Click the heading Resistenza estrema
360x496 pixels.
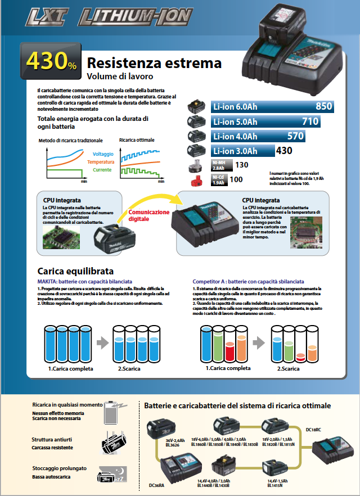154,63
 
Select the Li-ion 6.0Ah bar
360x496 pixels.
272,106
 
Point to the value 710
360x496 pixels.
310,121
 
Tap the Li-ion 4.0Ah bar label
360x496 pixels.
235,136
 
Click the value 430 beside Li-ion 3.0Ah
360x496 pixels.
284,151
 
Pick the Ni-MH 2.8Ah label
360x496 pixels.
219,165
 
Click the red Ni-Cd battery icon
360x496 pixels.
197,180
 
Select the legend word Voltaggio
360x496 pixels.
103,154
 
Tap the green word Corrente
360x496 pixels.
102,169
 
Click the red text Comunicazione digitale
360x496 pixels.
149,215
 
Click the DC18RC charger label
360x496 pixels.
313,429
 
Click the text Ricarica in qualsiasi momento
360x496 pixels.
67,404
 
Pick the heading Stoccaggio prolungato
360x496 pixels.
60,468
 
